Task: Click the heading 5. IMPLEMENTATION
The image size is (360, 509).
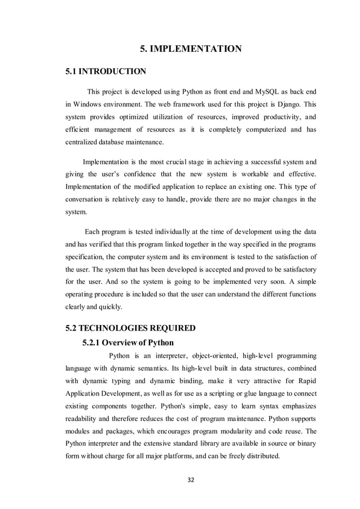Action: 191,49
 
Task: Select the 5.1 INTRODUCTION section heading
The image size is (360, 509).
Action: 106,72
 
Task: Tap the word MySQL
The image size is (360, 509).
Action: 270,91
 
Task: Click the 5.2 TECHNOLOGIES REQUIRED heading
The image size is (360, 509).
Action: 131,328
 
